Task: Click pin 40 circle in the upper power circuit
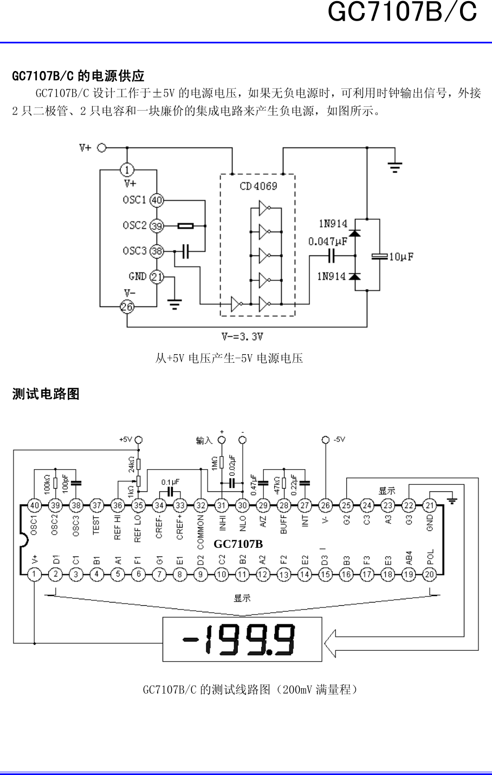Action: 157,200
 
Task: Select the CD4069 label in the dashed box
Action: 258,186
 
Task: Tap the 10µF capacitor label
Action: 401,257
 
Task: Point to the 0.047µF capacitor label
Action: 328,241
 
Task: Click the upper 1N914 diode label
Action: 333,223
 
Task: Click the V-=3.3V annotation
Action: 242,336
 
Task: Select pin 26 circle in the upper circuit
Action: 127,307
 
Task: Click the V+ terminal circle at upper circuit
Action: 101,148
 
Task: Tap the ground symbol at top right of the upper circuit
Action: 395,166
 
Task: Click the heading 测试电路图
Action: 46,394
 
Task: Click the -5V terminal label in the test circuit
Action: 339,439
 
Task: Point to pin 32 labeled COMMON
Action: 200,505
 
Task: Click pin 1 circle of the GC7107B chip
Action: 34,574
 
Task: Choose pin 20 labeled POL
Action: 429,574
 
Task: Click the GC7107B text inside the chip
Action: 238,543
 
